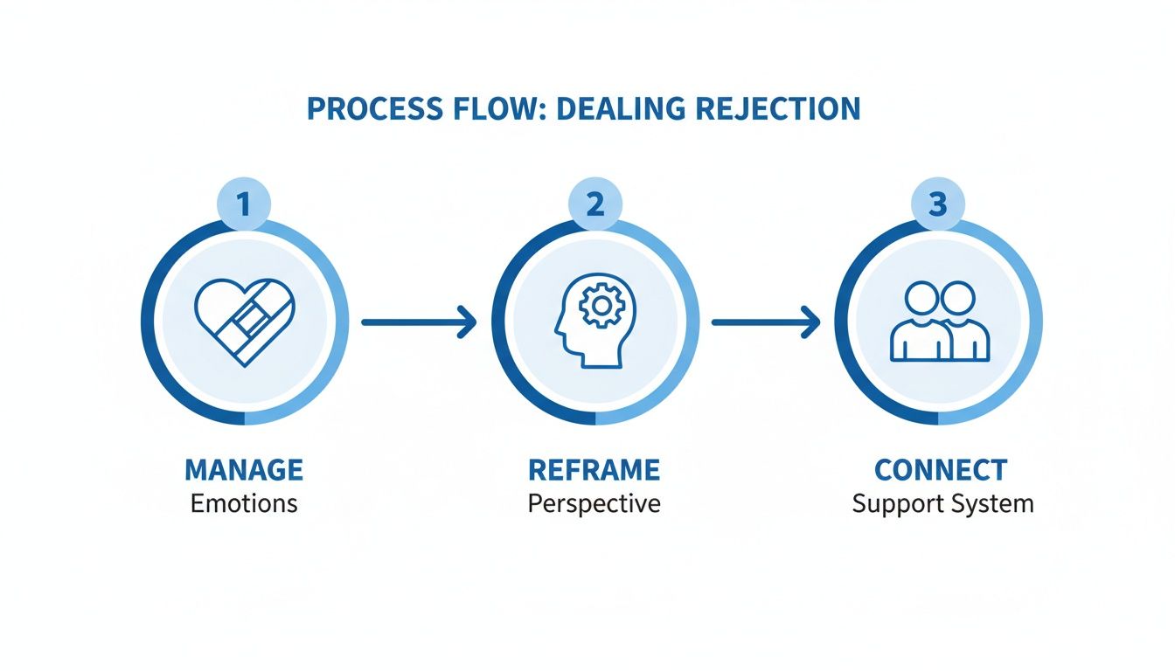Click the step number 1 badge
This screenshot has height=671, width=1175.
pos(243,205)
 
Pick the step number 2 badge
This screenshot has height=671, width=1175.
pos(595,205)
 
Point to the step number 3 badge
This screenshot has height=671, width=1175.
pos(938,205)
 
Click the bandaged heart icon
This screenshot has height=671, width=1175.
pos(245,322)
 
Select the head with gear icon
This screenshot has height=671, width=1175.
pos(590,322)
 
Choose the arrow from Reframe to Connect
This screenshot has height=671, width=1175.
pos(766,322)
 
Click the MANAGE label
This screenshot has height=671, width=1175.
pos(244,470)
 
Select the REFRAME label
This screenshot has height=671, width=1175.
pos(594,470)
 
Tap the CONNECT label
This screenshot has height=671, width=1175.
pos(941,470)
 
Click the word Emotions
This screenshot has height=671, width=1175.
pos(244,504)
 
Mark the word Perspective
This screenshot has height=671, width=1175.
pos(594,505)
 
